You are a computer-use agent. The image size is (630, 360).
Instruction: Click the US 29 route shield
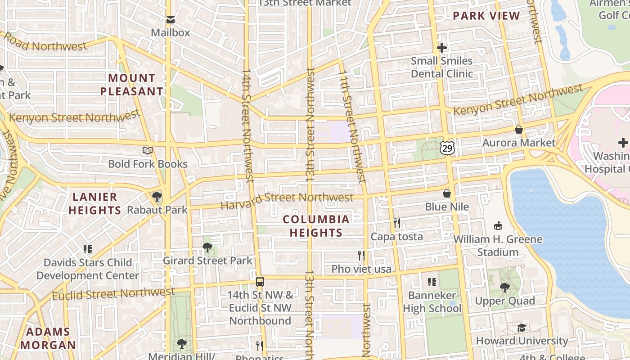[x=447, y=148]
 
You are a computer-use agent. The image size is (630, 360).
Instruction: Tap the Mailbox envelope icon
[x=170, y=20]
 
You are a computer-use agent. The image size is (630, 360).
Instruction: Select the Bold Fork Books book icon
[x=148, y=151]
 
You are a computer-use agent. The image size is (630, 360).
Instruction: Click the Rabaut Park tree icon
[x=157, y=196]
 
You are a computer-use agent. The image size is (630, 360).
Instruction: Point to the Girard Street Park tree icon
[x=207, y=247]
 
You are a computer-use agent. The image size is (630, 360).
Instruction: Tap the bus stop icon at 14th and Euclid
[x=260, y=282]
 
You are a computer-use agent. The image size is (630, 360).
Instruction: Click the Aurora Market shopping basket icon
[x=519, y=130]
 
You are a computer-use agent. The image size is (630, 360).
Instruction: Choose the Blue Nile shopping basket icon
[x=447, y=193]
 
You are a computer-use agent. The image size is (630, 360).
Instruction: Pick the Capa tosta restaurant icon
[x=396, y=223]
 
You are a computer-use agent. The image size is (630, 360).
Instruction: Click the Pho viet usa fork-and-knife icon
[x=361, y=256]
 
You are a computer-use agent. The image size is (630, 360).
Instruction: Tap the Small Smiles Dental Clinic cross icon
[x=442, y=47]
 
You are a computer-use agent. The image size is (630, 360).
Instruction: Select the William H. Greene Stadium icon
[x=498, y=226]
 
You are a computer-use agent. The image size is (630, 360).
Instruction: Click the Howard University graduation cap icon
[x=522, y=328]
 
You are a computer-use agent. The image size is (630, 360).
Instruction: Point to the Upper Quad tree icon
[x=505, y=287]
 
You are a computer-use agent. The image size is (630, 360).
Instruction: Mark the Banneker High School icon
[x=432, y=282]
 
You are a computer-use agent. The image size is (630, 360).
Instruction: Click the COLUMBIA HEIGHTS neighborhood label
[x=316, y=226]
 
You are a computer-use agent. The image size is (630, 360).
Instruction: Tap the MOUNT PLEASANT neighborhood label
[x=131, y=85]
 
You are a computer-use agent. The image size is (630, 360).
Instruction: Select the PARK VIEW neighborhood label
[x=486, y=16]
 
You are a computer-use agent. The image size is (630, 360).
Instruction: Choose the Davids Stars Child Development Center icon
[x=88, y=249]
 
